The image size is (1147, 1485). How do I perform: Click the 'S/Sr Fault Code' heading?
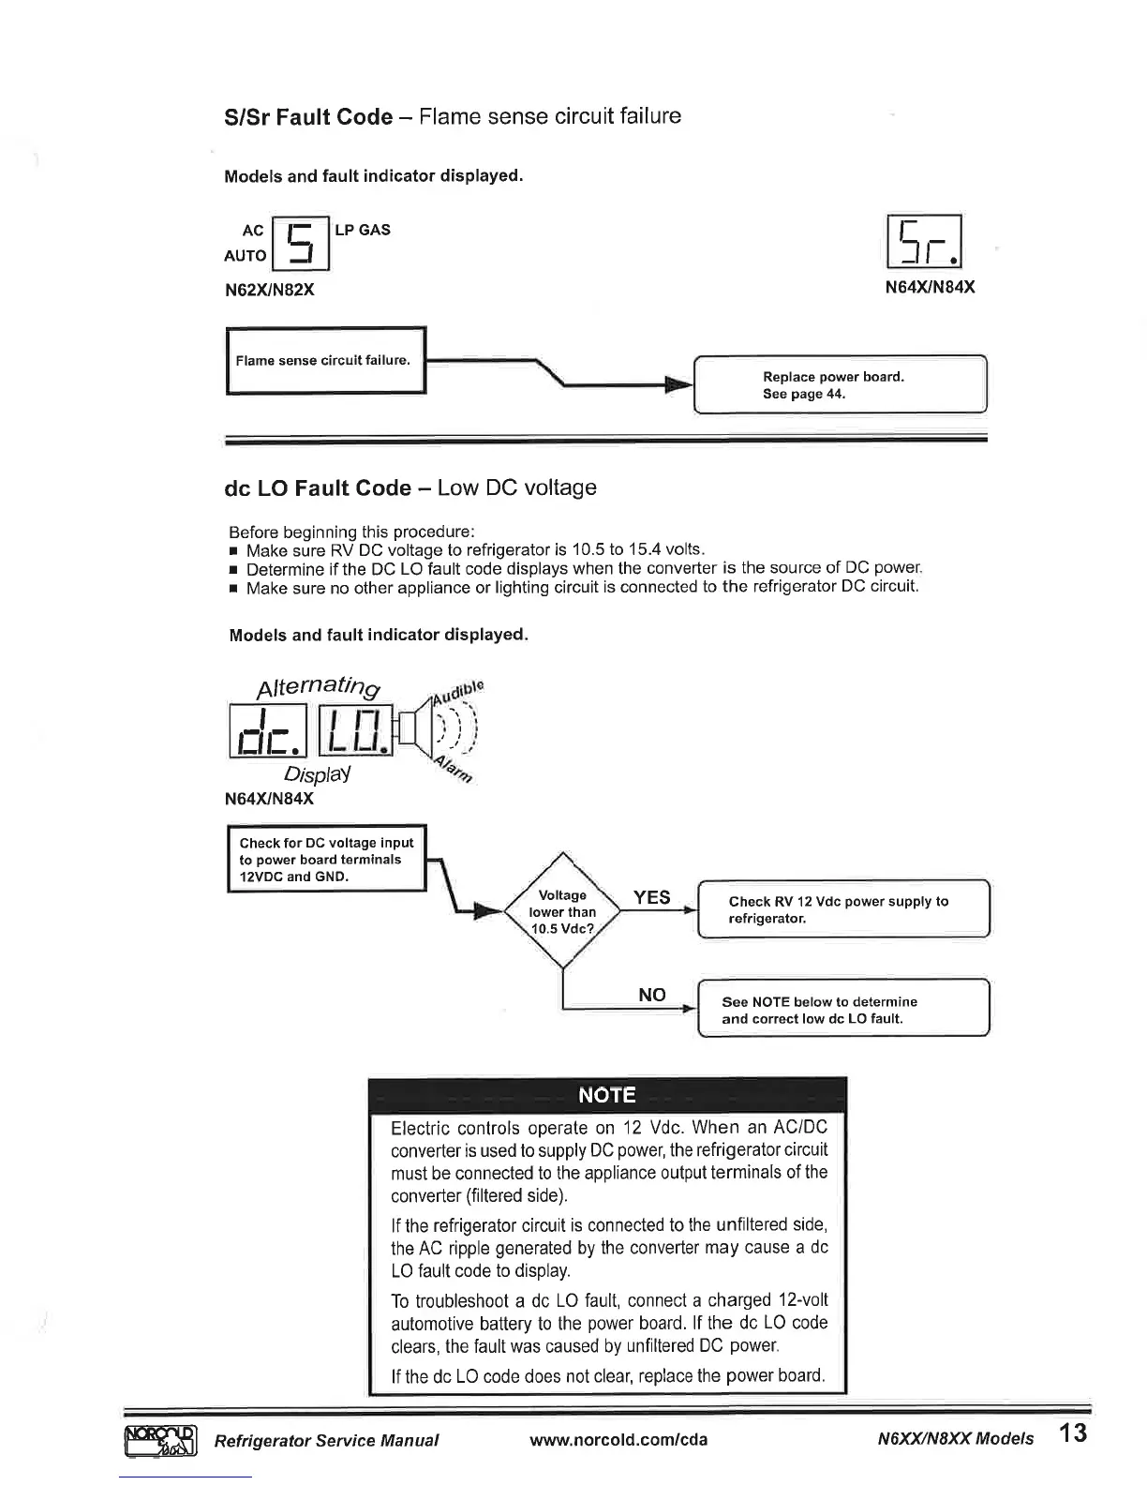pos(308,117)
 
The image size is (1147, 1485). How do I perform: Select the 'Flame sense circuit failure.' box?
pos(326,361)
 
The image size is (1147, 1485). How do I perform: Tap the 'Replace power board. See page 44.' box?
pos(840,385)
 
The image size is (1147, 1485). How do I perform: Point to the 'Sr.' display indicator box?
pos(924,243)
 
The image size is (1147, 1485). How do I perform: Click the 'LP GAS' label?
pos(363,230)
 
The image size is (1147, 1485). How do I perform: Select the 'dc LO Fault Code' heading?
pos(319,488)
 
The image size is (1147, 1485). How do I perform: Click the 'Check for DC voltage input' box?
pos(327,860)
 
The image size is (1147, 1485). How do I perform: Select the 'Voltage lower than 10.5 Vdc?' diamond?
pos(562,911)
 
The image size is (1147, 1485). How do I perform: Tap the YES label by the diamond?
pos(651,897)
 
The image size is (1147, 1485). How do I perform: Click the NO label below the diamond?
pos(651,995)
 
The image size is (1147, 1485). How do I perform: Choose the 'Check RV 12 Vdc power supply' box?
pos(843,909)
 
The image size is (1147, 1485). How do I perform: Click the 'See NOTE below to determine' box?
pos(843,1010)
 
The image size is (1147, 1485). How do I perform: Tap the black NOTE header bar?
pos(607,1095)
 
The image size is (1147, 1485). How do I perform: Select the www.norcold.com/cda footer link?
pos(618,1439)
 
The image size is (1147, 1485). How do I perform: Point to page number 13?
pos(1073,1434)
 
